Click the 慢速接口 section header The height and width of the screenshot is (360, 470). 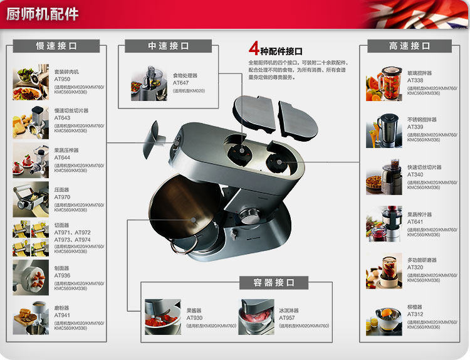coord(56,46)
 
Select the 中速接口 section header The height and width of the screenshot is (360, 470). coord(169,46)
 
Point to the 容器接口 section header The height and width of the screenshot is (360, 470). coord(274,283)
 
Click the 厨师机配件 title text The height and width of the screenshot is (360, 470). coord(43,13)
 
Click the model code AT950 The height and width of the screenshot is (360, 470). coord(62,79)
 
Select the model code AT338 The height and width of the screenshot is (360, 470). coord(415,80)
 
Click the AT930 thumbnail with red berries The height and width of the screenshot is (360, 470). coord(162,317)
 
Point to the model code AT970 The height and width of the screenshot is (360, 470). coord(61,197)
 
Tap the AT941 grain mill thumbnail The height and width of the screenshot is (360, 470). coord(30,318)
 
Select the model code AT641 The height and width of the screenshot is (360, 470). coord(415,221)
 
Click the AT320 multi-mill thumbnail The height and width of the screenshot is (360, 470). coord(384,270)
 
